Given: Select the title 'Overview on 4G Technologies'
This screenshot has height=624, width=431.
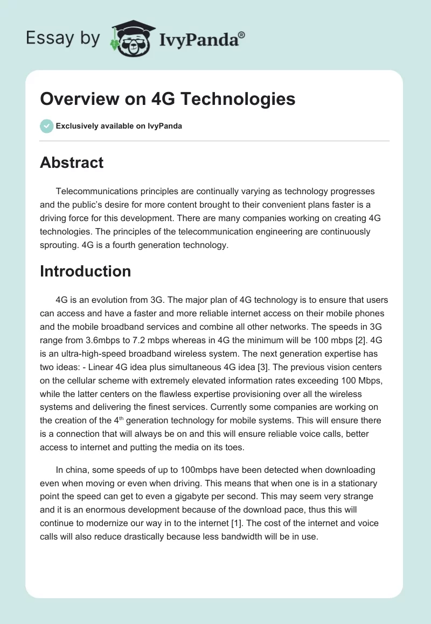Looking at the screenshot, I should [x=168, y=99].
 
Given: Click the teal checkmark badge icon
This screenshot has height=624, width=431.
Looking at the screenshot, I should [x=46, y=126].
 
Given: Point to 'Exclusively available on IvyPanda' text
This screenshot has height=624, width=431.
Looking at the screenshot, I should [x=119, y=126].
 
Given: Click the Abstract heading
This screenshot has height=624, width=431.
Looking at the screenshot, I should [x=72, y=162].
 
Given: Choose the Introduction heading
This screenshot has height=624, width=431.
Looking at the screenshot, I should [x=85, y=271].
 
